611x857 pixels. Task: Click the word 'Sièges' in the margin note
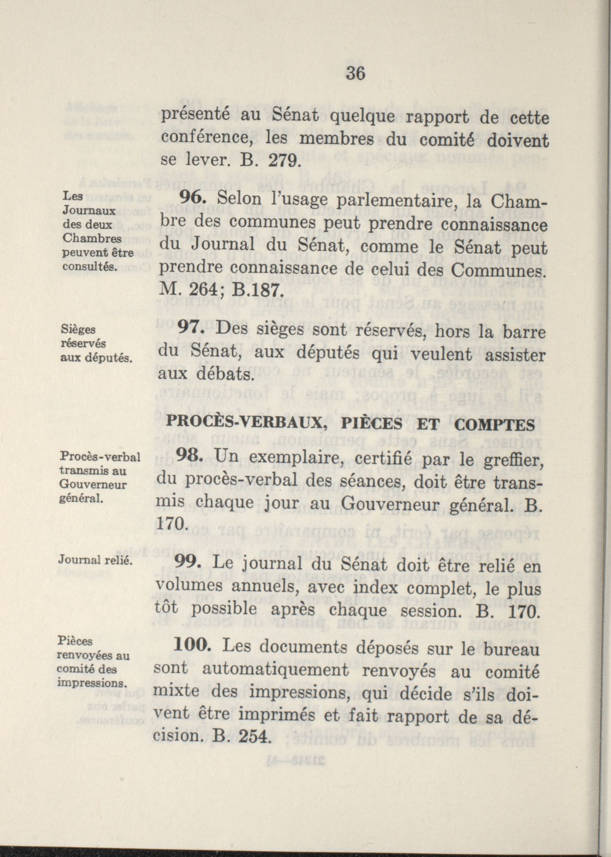pyautogui.click(x=74, y=330)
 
